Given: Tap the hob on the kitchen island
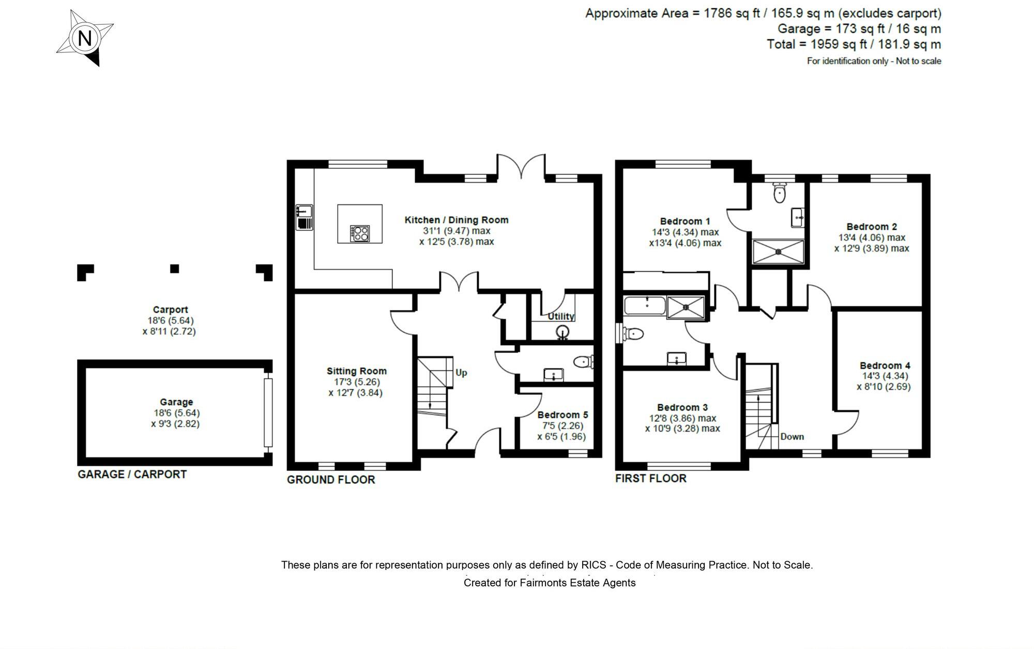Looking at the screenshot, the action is (x=360, y=233).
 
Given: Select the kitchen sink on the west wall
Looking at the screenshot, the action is (x=305, y=217).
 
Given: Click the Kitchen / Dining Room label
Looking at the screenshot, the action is (x=456, y=220).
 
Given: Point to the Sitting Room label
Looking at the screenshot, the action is (x=356, y=371).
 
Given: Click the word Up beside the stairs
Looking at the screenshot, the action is (x=461, y=373).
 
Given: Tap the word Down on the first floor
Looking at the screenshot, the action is (x=792, y=436).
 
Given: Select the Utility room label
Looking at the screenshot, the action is (x=561, y=316).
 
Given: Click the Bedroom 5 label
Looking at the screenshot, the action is (x=562, y=415).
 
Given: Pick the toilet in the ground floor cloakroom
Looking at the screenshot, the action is (x=584, y=361).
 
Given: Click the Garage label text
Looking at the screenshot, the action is (x=176, y=402).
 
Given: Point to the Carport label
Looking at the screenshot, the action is (x=170, y=310).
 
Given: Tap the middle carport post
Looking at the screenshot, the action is (x=175, y=269).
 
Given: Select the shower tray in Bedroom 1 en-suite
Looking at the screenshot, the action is (x=778, y=252).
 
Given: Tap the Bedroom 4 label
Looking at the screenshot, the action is (x=885, y=365).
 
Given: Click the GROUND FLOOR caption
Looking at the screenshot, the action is (x=331, y=480).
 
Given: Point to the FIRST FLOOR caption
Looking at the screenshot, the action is (x=650, y=478).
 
